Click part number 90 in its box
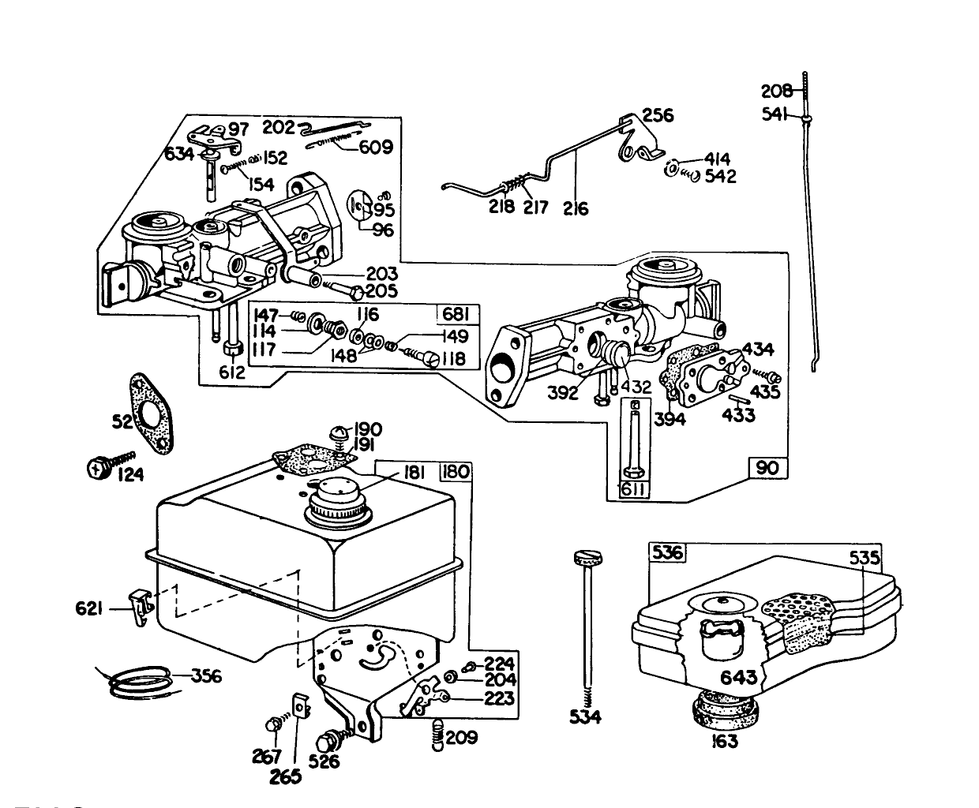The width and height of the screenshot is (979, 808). [767, 468]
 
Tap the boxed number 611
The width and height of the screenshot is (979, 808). [634, 490]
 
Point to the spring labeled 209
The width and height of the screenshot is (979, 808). [437, 737]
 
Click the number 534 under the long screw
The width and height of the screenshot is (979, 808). [585, 716]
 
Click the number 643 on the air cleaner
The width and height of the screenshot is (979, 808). [738, 677]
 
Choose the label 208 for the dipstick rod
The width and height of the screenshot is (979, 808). [776, 90]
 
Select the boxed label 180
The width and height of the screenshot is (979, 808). [456, 472]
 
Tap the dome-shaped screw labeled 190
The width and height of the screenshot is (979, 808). [340, 432]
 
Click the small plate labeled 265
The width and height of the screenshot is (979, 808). [299, 706]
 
